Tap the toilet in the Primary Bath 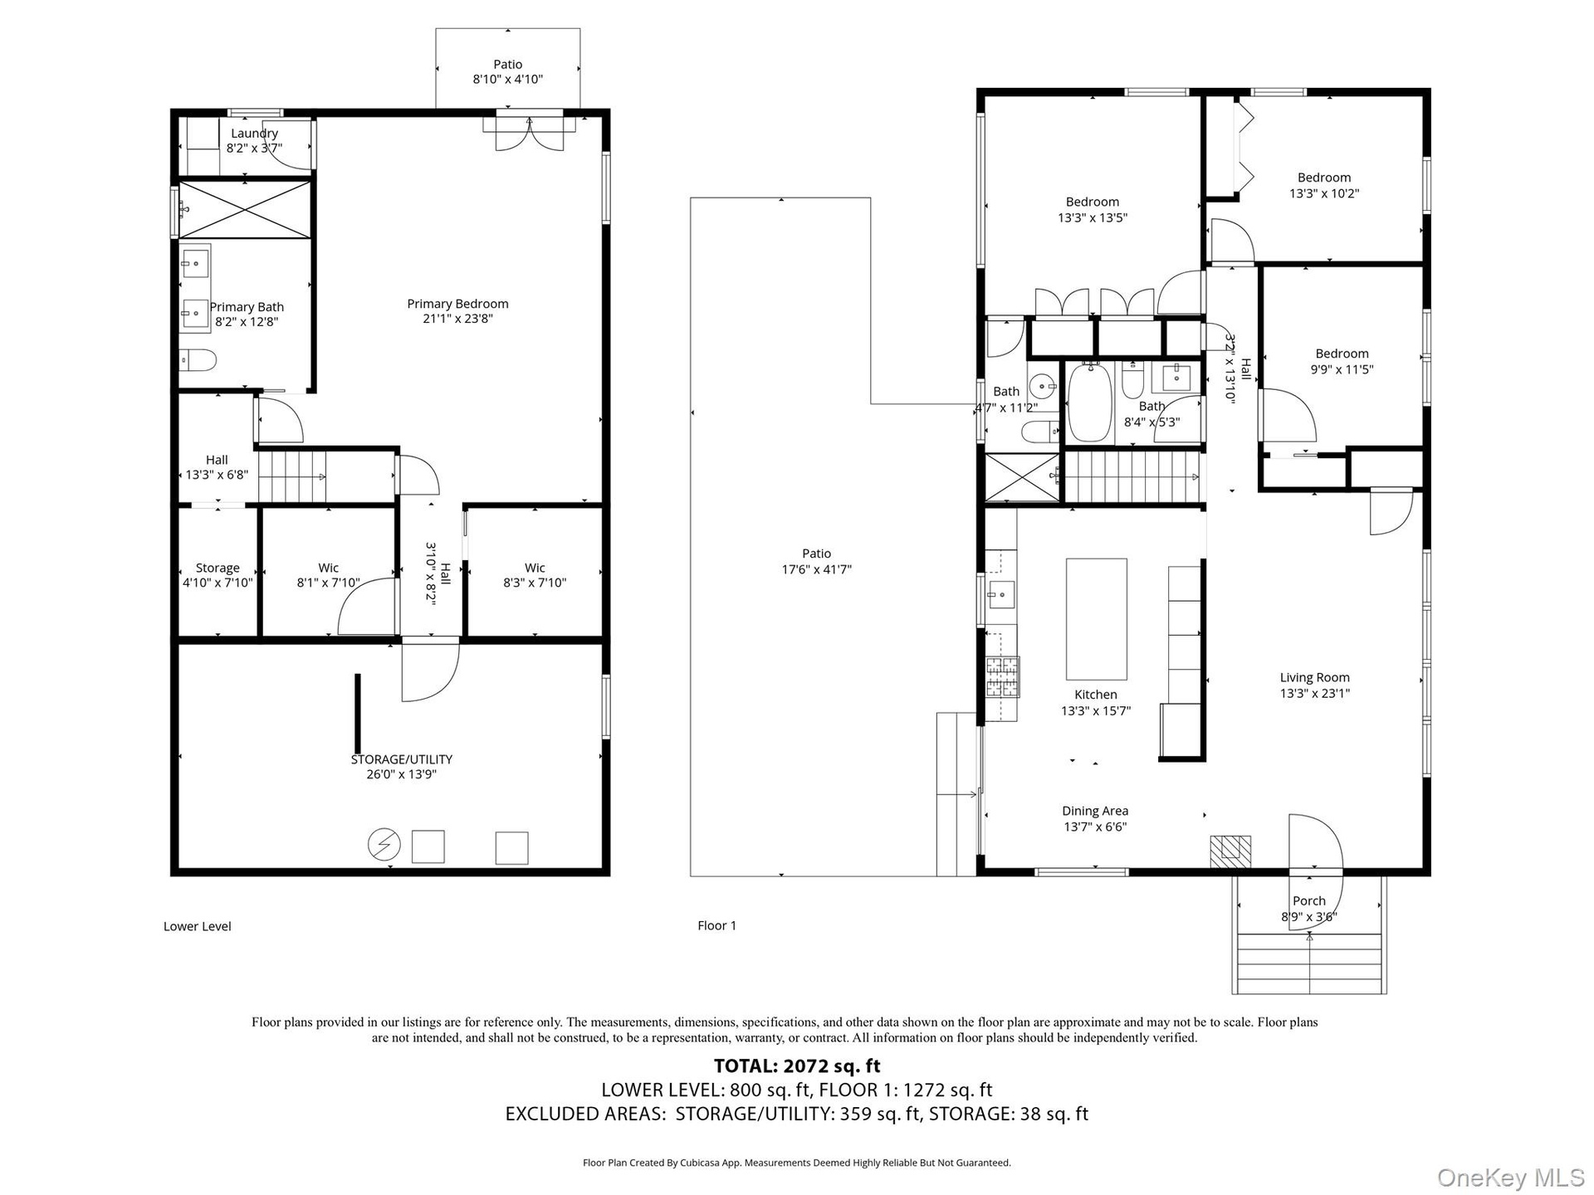pyautogui.click(x=198, y=360)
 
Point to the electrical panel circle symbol pyautogui.click(x=384, y=846)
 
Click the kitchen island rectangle pyautogui.click(x=1097, y=619)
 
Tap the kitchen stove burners pyautogui.click(x=1002, y=676)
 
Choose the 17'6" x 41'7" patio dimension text pyautogui.click(x=817, y=569)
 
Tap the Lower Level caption pyautogui.click(x=198, y=926)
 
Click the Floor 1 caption pyautogui.click(x=717, y=925)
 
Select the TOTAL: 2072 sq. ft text pyautogui.click(x=797, y=1066)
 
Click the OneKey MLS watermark pyautogui.click(x=1510, y=1178)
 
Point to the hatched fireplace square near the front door pyautogui.click(x=1230, y=851)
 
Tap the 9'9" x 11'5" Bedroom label pyautogui.click(x=1342, y=362)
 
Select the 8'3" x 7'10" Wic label pyautogui.click(x=535, y=575)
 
